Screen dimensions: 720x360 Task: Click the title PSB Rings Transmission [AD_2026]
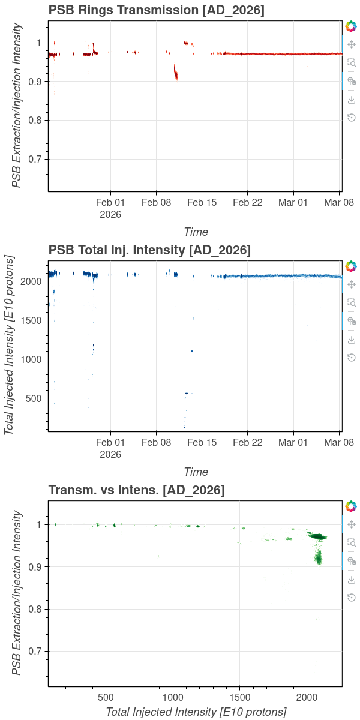pos(157,10)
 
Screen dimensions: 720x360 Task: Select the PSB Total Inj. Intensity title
pos(149,250)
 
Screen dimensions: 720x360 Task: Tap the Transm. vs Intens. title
pos(136,490)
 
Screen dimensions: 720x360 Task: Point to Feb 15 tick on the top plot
pos(202,202)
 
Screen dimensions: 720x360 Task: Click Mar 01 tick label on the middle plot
pos(293,442)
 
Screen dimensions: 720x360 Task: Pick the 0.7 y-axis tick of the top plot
pos(35,159)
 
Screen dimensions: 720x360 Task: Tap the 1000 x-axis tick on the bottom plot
pos(173,698)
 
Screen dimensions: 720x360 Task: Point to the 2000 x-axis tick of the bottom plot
pos(307,698)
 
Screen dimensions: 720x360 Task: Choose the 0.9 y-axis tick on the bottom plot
pos(35,567)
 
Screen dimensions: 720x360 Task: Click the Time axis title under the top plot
pos(196,232)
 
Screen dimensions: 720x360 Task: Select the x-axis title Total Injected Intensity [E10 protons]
pos(196,712)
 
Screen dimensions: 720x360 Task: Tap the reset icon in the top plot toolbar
pos(352,117)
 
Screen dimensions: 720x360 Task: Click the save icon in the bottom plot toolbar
pos(352,580)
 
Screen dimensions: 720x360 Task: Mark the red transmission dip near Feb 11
pos(176,73)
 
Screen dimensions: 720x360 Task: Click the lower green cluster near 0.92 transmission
pos(319,557)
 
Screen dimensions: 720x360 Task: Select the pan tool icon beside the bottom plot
pos(352,524)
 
